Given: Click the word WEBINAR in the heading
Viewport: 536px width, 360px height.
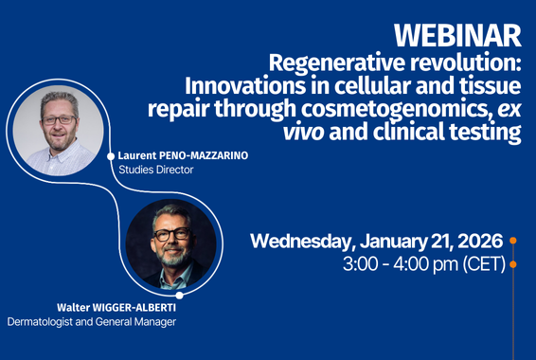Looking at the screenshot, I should tap(457, 35).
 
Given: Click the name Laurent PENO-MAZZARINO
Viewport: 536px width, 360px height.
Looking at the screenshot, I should tap(182, 155).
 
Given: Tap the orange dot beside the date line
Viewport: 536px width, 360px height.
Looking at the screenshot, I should tap(513, 241).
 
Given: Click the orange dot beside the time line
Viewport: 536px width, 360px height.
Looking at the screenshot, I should tap(513, 264).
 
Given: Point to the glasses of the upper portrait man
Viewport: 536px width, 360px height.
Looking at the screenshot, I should tap(59, 120).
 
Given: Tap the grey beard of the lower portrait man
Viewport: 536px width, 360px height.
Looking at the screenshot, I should tap(172, 256).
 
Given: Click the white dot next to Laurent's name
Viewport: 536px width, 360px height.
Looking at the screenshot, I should tap(112, 155).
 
